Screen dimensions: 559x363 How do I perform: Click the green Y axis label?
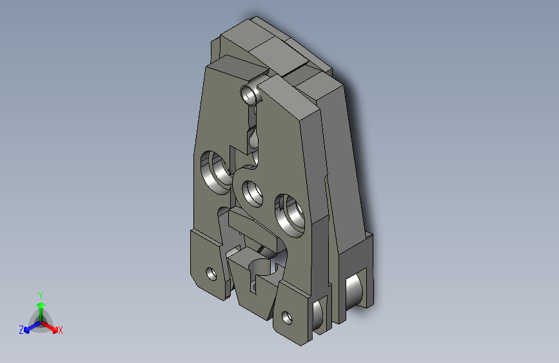(41, 296)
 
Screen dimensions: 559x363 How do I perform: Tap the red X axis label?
(60, 331)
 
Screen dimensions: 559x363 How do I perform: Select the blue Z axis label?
(21, 330)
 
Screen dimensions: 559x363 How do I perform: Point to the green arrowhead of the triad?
(41, 305)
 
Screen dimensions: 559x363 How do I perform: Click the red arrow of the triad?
(49, 327)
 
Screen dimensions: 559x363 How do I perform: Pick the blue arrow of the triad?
(33, 327)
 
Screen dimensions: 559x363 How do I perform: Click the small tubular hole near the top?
(250, 94)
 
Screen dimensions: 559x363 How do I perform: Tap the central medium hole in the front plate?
(252, 194)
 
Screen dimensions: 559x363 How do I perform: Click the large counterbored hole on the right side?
(290, 216)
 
